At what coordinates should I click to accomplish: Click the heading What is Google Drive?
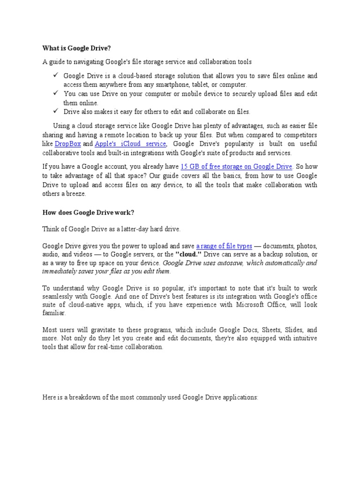coord(77,48)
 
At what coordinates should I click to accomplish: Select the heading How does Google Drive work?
coord(88,212)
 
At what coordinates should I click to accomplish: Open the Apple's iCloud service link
coord(130,144)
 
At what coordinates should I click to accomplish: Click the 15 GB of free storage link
coord(237,166)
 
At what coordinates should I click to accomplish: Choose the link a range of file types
coord(225,246)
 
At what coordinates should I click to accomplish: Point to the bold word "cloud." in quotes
coord(189,255)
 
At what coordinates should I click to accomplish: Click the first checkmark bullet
coord(55,75)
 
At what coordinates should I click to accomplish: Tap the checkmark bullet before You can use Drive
coord(55,93)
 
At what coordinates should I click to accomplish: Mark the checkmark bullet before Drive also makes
coord(55,111)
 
